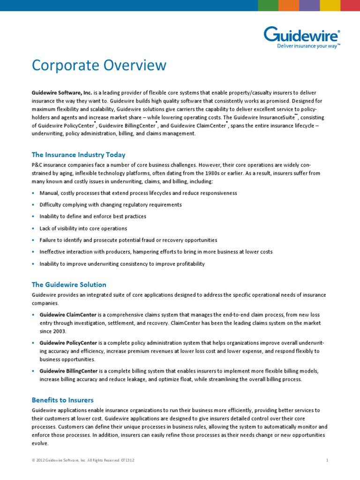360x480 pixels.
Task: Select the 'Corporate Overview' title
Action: [x=99, y=65]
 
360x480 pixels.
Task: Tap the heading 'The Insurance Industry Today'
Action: [x=78, y=155]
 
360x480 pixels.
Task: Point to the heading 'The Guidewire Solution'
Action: [x=69, y=285]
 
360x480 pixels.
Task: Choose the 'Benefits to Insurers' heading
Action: [x=63, y=400]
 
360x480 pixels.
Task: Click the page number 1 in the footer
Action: [x=327, y=461]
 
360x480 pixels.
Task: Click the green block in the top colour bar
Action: [x=268, y=5]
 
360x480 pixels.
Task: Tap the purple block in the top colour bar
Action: [x=309, y=5]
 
